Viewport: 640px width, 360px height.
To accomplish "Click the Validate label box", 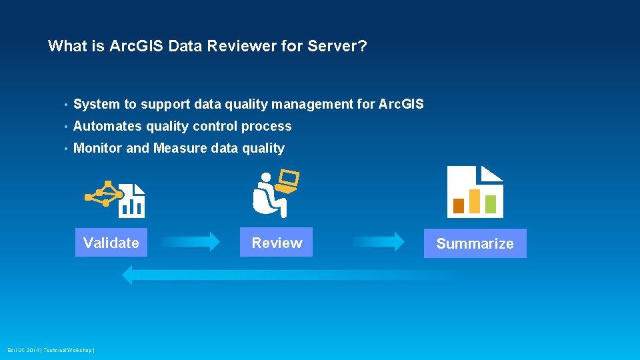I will point(111,243).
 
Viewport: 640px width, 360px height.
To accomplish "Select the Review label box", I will point(277,243).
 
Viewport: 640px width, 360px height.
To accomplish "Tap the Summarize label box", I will point(475,243).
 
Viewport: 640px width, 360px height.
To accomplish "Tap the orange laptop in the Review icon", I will point(289,181).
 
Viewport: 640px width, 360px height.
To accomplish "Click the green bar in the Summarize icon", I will point(491,203).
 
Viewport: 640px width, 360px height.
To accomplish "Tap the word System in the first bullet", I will point(96,104).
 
